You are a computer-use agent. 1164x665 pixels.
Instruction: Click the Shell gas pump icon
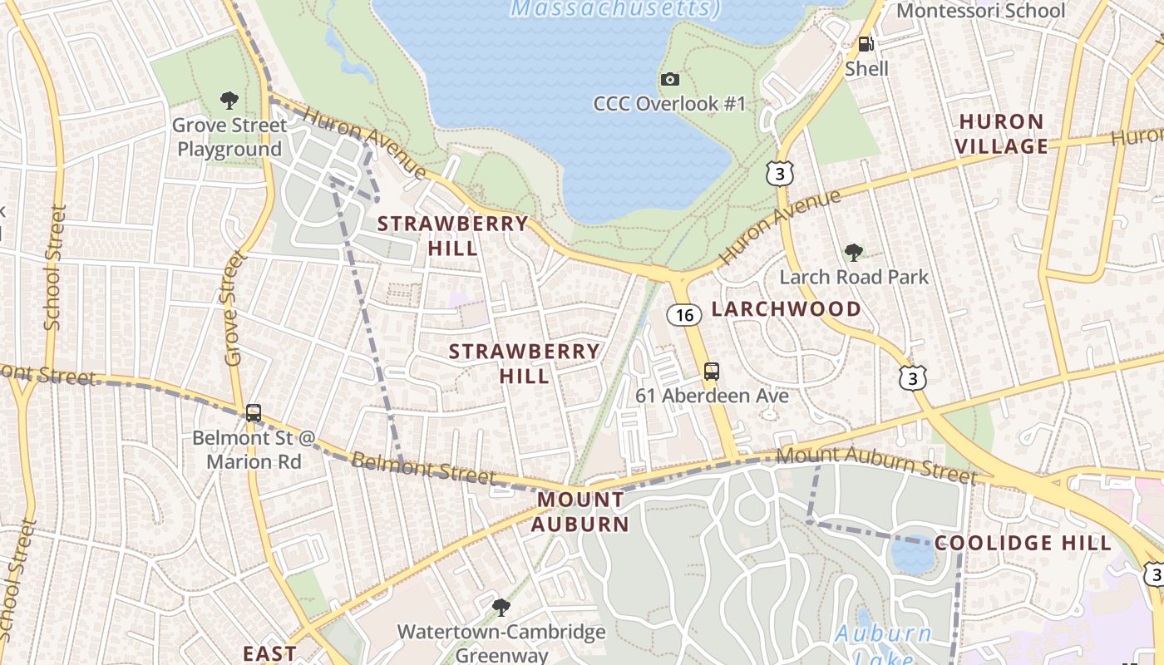[866, 44]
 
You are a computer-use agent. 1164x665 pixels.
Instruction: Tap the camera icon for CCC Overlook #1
[670, 79]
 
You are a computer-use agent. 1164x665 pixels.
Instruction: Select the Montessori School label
[980, 11]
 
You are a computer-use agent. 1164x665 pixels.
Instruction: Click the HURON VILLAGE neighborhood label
[1001, 134]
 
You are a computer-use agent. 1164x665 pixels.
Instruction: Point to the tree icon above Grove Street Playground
[229, 101]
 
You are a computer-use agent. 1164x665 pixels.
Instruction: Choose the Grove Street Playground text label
[229, 137]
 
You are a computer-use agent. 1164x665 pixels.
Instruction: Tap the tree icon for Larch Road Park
[853, 252]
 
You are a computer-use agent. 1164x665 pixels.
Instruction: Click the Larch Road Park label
[853, 277]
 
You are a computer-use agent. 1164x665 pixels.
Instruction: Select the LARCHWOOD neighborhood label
[786, 309]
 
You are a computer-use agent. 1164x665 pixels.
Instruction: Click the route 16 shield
[683, 315]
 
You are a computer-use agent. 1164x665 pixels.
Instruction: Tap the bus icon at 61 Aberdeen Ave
[711, 371]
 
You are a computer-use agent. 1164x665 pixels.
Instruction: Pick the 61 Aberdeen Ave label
[712, 396]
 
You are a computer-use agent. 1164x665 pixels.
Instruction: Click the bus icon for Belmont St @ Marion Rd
[254, 412]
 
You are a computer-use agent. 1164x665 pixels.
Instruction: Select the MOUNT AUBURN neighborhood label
[580, 512]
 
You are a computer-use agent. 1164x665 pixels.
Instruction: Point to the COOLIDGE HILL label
[1022, 544]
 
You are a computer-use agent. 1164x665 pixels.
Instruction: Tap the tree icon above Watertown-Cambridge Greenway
[501, 607]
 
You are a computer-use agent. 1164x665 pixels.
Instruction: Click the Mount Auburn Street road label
[876, 464]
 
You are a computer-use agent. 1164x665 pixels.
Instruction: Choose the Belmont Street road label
[423, 468]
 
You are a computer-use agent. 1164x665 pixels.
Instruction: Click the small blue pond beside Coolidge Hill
[912, 555]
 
